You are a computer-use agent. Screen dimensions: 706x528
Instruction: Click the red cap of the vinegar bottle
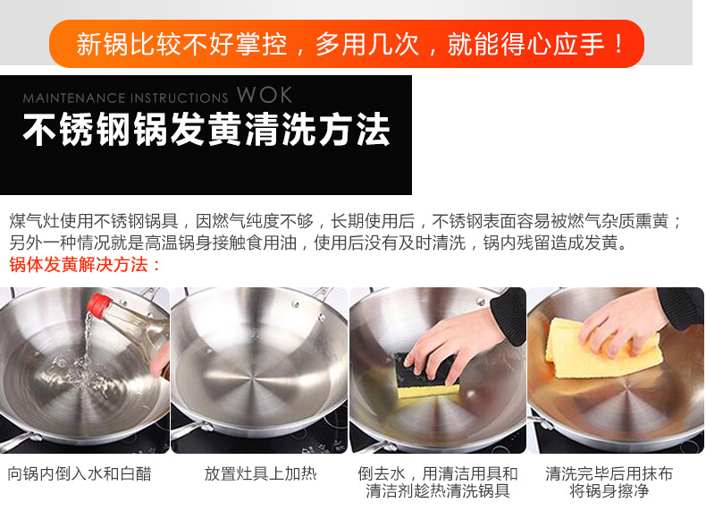[x=97, y=304]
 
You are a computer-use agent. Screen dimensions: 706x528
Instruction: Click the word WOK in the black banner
[x=265, y=95]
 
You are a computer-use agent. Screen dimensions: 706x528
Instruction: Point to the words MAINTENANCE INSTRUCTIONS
[x=126, y=98]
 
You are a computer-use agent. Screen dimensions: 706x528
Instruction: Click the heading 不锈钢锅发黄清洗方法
[x=206, y=130]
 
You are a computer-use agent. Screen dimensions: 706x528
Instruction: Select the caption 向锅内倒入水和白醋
[x=80, y=474]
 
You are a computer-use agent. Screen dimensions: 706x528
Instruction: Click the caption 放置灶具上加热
[x=261, y=474]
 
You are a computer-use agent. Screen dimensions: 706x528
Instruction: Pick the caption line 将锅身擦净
[x=609, y=490]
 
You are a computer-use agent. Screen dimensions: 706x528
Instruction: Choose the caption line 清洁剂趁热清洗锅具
[x=438, y=490]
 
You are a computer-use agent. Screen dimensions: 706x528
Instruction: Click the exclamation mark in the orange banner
[x=619, y=44]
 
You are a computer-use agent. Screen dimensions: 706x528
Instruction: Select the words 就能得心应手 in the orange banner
[x=525, y=44]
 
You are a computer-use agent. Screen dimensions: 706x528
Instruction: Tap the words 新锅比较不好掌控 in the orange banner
[x=181, y=44]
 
